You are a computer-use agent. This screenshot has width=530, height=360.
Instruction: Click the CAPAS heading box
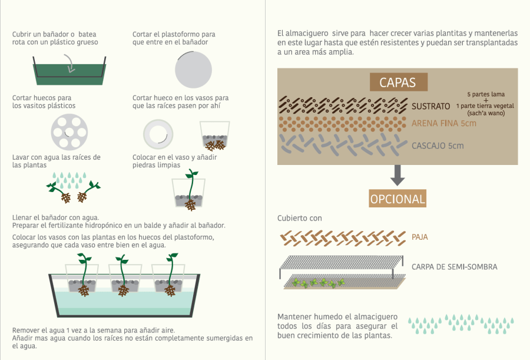click(397, 82)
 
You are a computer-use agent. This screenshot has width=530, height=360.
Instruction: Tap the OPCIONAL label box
click(397, 199)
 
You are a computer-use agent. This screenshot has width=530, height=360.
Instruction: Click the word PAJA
click(420, 237)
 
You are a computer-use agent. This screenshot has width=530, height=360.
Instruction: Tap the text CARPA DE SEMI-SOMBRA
click(455, 267)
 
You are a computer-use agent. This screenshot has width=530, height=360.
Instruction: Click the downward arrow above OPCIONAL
click(397, 173)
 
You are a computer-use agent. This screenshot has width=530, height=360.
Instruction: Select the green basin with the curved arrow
click(68, 71)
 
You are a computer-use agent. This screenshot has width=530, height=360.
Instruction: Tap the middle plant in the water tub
click(122, 275)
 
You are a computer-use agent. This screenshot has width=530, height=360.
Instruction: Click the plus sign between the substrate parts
click(486, 100)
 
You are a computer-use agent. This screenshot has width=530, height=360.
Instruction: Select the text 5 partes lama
click(486, 94)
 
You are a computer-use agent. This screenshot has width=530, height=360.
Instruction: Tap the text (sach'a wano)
click(486, 113)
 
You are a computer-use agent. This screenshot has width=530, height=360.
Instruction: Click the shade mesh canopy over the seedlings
click(342, 263)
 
